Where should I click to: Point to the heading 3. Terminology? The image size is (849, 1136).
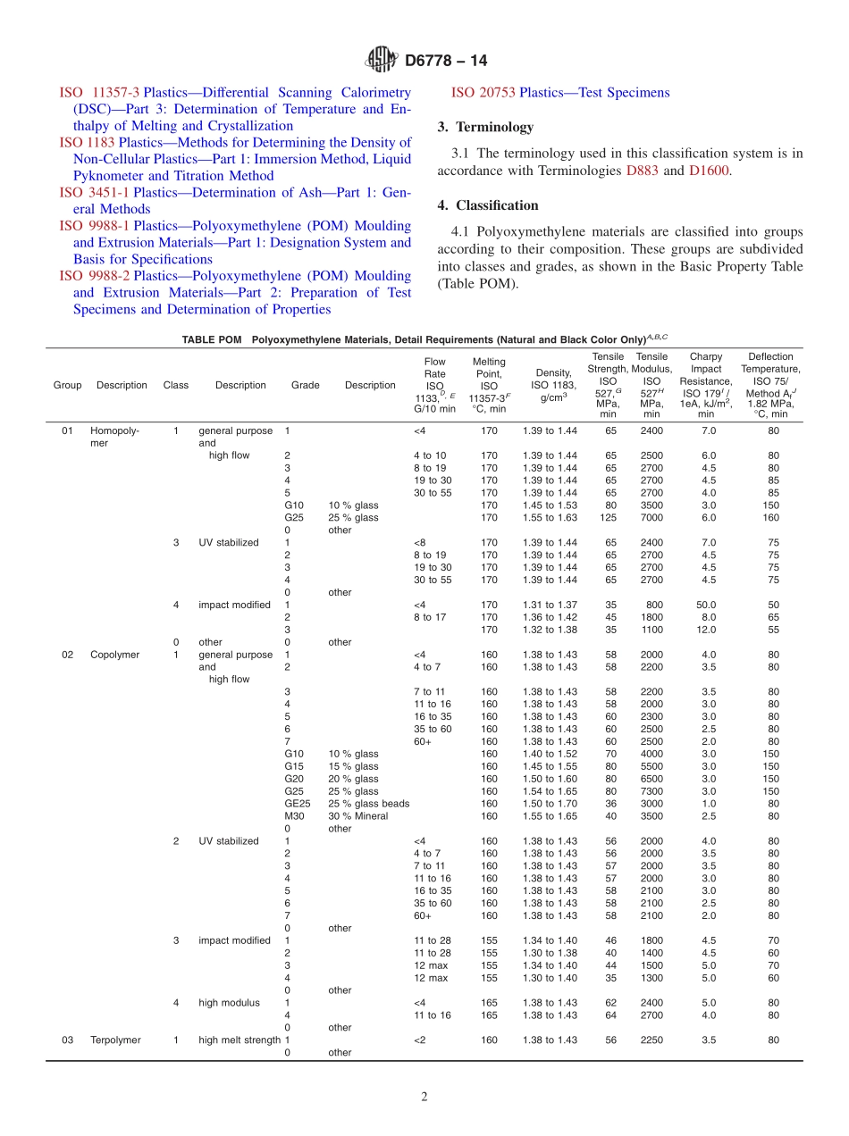485,127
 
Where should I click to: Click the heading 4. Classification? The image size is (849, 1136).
488,205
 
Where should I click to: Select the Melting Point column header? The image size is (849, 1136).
489,385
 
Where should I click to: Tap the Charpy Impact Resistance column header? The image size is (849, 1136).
706,385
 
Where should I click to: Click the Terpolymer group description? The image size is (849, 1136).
115,1040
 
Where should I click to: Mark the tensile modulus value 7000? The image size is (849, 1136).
651,517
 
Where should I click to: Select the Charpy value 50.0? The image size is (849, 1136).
706,605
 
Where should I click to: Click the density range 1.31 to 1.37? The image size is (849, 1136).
550,605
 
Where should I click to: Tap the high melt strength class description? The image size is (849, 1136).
240,1040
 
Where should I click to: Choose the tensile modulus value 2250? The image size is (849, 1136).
651,1040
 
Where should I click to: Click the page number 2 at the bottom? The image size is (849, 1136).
424,1097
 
